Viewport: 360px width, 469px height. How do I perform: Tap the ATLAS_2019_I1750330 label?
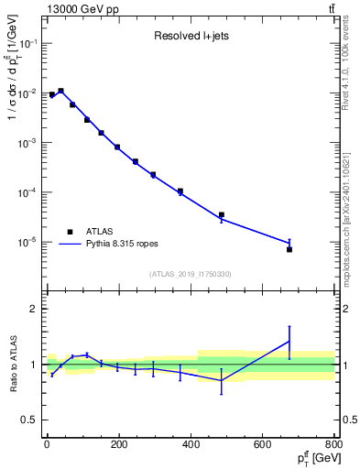click(190, 274)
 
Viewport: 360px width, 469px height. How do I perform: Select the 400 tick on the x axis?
click(191, 445)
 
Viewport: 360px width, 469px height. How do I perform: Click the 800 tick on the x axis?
click(333, 445)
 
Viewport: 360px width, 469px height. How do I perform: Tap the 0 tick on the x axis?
click(47, 445)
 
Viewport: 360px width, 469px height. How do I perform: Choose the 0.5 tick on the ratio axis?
click(29, 420)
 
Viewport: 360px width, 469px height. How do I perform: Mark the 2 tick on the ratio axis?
click(33, 309)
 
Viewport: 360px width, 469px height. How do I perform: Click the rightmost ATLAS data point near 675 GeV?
click(289, 249)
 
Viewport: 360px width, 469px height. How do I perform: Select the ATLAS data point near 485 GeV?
click(221, 215)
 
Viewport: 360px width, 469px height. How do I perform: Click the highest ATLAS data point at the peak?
click(60, 92)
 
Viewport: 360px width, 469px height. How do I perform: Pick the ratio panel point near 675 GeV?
click(289, 341)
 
